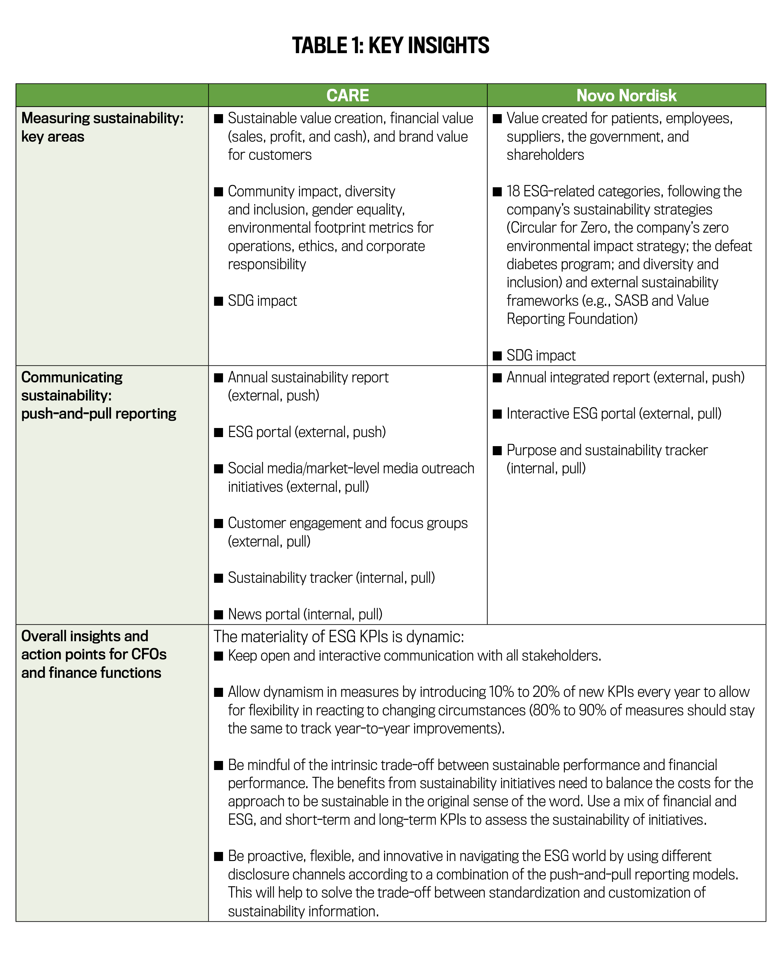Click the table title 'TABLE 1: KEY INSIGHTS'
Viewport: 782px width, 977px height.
390,45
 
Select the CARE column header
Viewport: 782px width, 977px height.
348,96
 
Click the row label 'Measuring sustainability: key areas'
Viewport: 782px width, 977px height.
102,127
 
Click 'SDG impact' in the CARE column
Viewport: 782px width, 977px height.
262,301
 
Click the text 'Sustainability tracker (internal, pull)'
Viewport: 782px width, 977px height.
331,578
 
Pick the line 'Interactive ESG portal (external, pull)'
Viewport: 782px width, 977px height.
614,414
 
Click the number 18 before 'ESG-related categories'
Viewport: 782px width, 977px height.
513,192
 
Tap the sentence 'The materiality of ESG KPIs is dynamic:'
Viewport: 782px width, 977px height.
339,637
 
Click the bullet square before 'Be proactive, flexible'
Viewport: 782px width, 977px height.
219,856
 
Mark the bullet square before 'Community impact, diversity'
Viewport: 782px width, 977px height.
219,192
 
